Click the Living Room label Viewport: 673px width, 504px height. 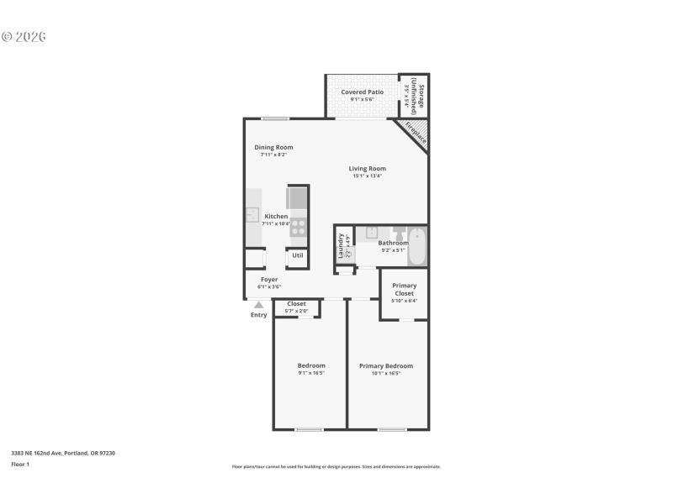(x=368, y=168)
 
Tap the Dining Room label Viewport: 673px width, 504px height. (x=273, y=147)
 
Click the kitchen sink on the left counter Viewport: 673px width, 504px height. (x=252, y=216)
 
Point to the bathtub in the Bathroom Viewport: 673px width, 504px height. (x=417, y=245)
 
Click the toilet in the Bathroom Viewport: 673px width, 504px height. (x=399, y=233)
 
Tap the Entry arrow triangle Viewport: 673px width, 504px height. (x=259, y=306)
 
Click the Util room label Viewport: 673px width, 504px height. (x=298, y=255)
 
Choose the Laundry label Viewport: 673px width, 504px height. (x=341, y=244)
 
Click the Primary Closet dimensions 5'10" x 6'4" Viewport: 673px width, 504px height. (x=404, y=301)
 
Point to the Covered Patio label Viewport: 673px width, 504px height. (x=363, y=92)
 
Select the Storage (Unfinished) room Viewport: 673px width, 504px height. (x=413, y=98)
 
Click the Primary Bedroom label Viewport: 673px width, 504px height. (x=386, y=365)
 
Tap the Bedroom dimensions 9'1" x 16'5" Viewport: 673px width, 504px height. (x=311, y=373)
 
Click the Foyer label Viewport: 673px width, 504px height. (x=269, y=279)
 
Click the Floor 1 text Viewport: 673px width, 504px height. (x=20, y=464)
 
